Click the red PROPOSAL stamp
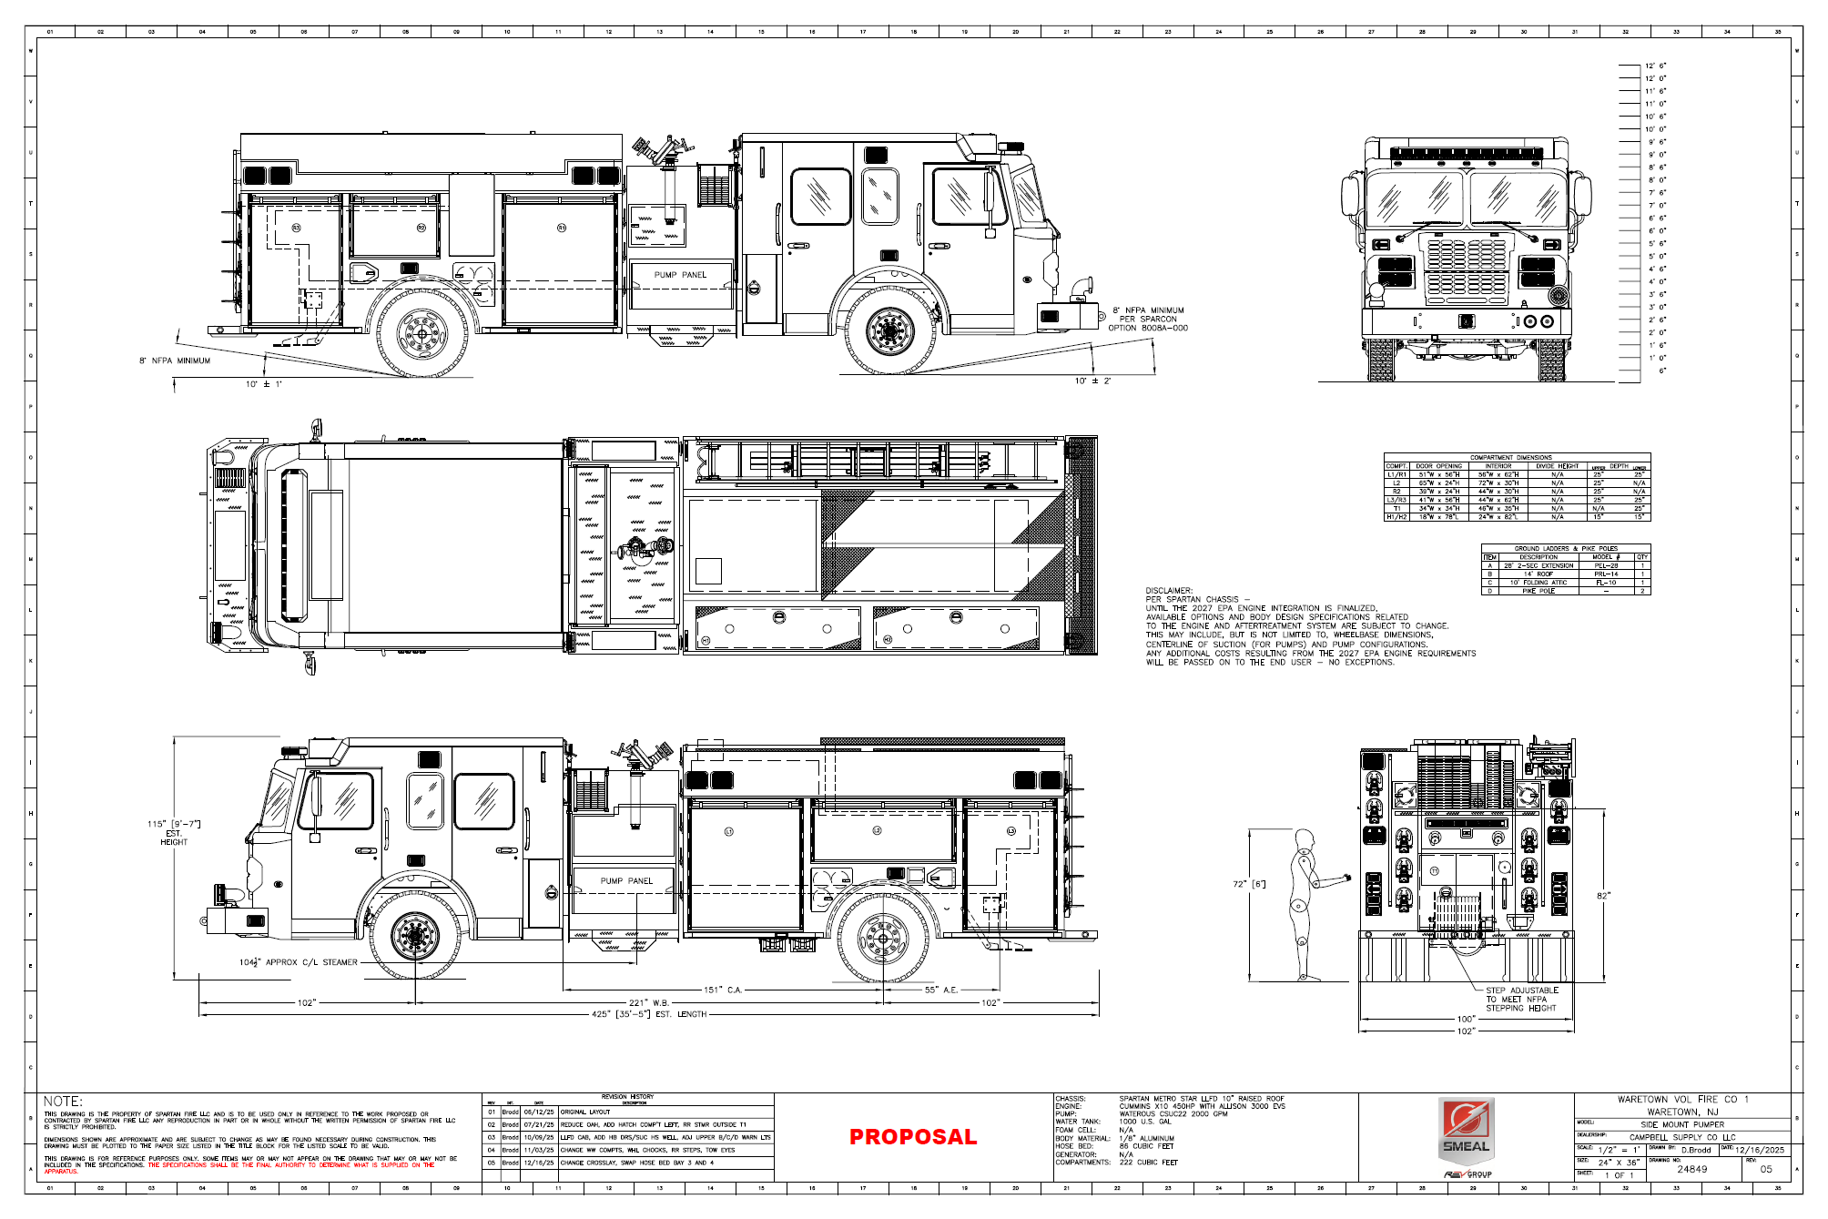(912, 1137)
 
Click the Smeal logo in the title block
(1466, 1130)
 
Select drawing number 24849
(1691, 1170)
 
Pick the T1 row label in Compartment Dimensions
(1396, 509)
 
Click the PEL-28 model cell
(1606, 565)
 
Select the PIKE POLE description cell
(1539, 591)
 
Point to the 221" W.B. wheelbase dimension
(649, 1002)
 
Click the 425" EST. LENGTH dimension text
(649, 1014)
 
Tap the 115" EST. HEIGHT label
(173, 833)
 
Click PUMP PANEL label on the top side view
(680, 275)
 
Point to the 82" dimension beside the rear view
(1602, 896)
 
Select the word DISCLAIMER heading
(1168, 591)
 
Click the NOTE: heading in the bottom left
(63, 1102)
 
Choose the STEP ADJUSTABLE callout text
(1522, 990)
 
